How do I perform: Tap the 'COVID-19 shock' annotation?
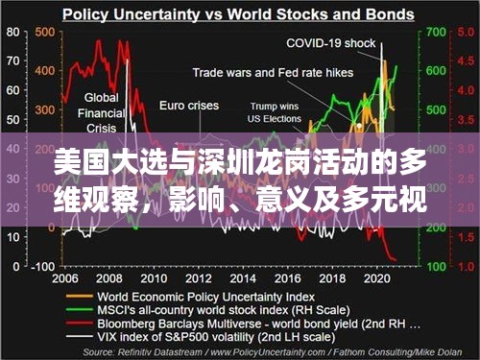[331, 43]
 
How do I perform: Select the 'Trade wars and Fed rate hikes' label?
[273, 72]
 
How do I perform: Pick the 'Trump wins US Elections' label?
[276, 112]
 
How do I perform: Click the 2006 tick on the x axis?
[66, 277]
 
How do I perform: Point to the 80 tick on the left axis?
[12, 32]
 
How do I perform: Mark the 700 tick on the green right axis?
[432, 32]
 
